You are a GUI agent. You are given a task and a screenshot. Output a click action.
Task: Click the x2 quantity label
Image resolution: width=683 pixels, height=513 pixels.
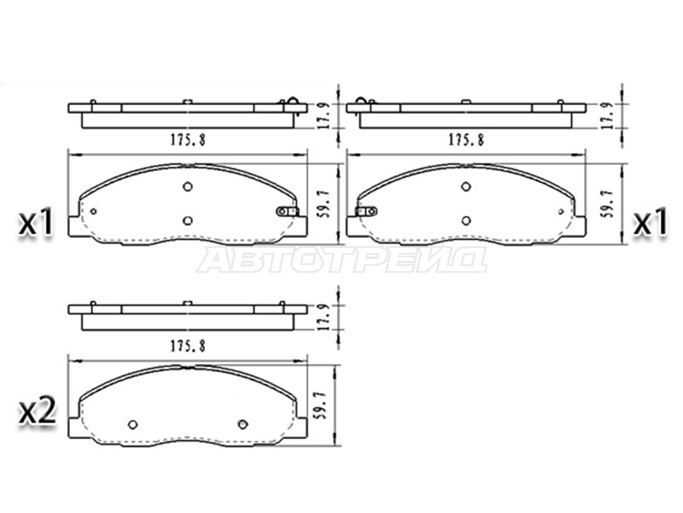(37, 412)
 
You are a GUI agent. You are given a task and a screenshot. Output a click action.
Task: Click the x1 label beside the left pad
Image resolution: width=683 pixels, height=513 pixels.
(36, 222)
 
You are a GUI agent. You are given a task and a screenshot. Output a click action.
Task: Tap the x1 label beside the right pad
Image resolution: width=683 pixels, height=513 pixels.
(650, 222)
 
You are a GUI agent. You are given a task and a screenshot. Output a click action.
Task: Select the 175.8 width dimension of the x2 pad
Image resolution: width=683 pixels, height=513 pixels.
(188, 345)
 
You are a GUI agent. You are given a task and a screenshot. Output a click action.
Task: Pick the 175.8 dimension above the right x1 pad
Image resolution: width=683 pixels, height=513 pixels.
(466, 139)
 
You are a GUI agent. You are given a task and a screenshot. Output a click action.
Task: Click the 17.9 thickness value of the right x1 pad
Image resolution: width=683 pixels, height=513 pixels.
(608, 115)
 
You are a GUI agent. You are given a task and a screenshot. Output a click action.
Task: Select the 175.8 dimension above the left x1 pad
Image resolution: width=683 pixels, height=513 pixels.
(188, 139)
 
